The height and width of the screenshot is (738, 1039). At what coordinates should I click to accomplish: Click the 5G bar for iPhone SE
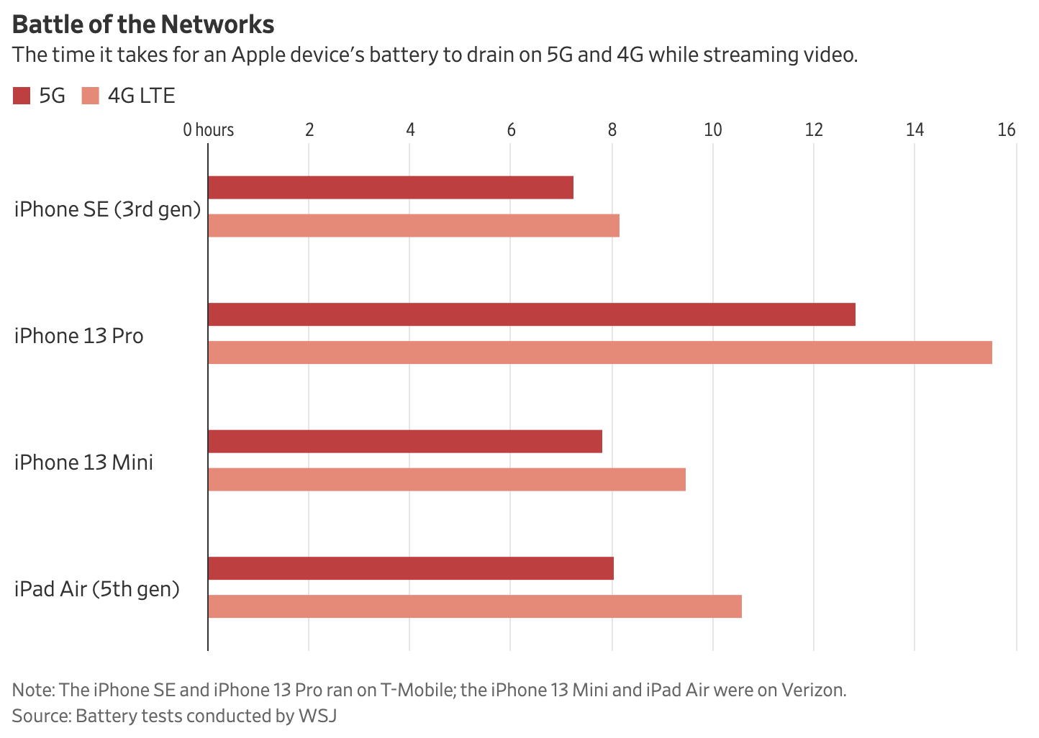[x=391, y=188]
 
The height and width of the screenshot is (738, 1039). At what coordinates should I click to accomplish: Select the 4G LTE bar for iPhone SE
[x=414, y=226]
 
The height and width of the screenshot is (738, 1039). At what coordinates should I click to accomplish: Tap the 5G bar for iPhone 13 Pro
[x=532, y=315]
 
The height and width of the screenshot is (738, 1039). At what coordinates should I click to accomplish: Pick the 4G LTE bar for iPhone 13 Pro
[x=600, y=352]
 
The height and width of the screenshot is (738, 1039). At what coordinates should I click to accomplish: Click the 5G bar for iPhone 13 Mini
[x=405, y=442]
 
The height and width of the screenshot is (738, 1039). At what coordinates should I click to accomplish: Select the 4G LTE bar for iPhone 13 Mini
[x=447, y=479]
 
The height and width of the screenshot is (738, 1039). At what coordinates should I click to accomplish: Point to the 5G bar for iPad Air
[x=411, y=568]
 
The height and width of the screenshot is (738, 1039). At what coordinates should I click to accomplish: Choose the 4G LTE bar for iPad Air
[x=475, y=606]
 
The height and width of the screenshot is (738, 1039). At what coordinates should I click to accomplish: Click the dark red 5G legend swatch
[x=22, y=96]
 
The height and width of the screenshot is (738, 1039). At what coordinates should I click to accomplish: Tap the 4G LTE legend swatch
[x=91, y=96]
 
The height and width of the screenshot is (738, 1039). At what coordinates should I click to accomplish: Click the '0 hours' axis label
[x=208, y=130]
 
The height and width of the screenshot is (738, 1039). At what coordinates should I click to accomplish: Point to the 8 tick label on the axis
[x=612, y=130]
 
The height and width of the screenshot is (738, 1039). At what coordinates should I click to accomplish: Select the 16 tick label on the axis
[x=1007, y=130]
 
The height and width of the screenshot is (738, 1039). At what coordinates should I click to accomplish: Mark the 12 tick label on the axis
[x=814, y=130]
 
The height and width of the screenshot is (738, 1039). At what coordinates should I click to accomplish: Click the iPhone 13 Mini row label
[x=83, y=462]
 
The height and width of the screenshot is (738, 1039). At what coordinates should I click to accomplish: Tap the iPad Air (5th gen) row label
[x=96, y=589]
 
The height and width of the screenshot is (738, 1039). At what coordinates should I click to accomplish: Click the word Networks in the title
[x=218, y=25]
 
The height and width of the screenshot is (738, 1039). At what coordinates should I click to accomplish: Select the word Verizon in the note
[x=815, y=691]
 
